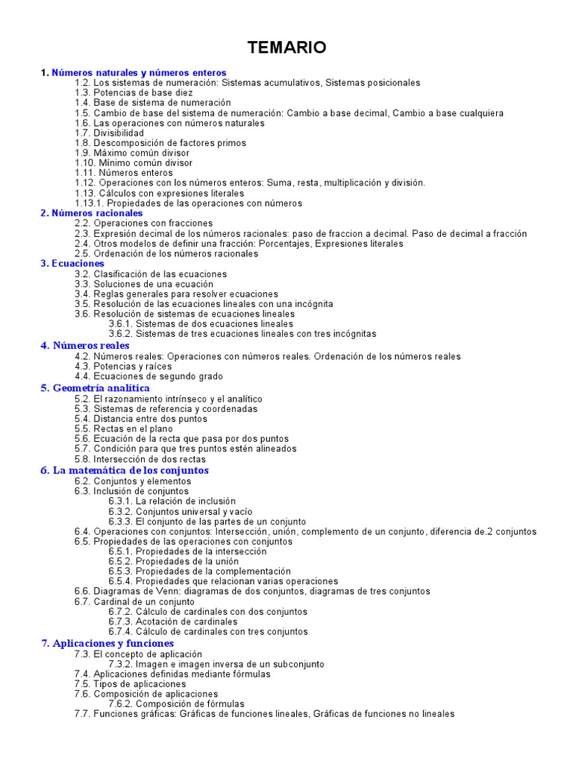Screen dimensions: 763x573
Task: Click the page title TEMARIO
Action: pos(286,48)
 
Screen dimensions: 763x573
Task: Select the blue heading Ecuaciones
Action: pos(78,264)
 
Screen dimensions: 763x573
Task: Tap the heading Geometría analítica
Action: pos(101,388)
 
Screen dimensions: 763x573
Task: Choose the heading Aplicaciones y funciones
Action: pos(113,643)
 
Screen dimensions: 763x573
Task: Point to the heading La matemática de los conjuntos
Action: pos(131,471)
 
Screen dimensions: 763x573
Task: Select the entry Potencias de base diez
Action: pos(140,92)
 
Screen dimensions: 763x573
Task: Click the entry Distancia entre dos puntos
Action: pos(151,419)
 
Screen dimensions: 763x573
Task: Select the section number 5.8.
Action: pos(82,459)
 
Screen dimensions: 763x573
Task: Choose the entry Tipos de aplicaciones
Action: pos(140,684)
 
